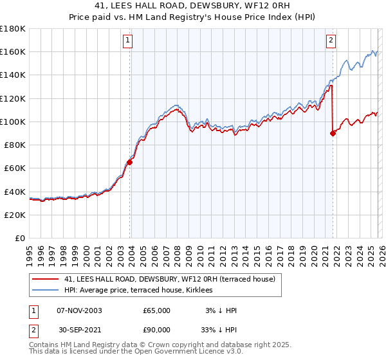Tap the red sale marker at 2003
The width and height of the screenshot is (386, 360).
pyautogui.click(x=130, y=162)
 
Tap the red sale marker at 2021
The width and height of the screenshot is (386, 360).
pyautogui.click(x=333, y=134)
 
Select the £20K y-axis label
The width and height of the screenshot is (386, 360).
pyautogui.click(x=15, y=215)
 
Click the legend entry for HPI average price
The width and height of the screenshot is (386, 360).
pyautogui.click(x=142, y=290)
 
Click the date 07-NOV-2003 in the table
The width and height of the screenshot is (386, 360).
pyautogui.click(x=80, y=310)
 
